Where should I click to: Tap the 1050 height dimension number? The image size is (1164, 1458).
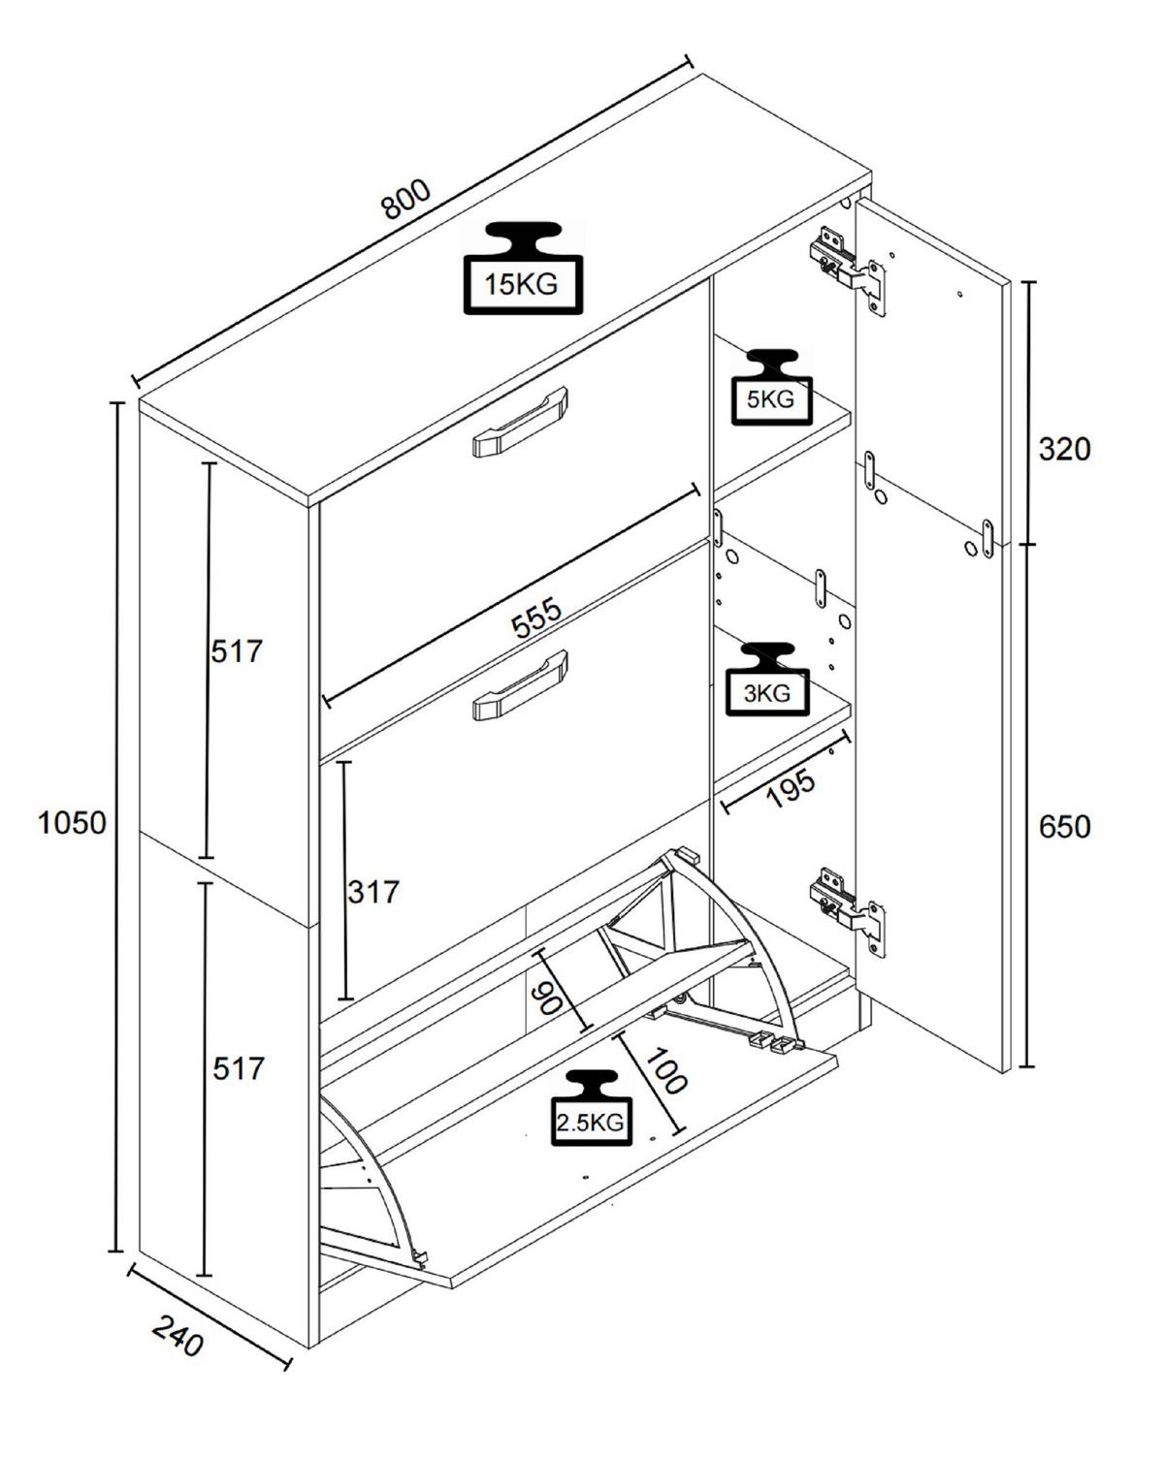point(72,823)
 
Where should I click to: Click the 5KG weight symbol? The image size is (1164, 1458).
point(770,387)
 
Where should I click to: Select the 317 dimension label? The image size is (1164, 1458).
point(373,891)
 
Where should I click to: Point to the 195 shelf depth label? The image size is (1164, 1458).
point(790,789)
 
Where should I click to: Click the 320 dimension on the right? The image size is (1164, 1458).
point(1064,449)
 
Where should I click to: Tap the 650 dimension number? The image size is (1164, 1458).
point(1064,827)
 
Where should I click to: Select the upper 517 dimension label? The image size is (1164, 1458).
point(237,650)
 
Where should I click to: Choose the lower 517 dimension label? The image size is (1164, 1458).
point(238,1068)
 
